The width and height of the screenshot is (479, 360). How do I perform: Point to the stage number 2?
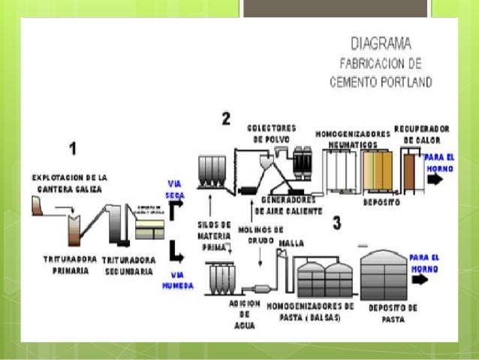click(x=225, y=118)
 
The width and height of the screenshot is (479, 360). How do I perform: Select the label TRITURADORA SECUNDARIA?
click(x=128, y=265)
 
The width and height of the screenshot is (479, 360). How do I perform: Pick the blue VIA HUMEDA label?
click(x=178, y=280)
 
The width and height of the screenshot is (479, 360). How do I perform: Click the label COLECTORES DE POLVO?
click(x=272, y=133)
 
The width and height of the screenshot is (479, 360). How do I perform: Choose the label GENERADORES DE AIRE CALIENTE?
click(x=292, y=205)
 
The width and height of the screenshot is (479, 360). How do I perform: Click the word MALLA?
click(x=291, y=244)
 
